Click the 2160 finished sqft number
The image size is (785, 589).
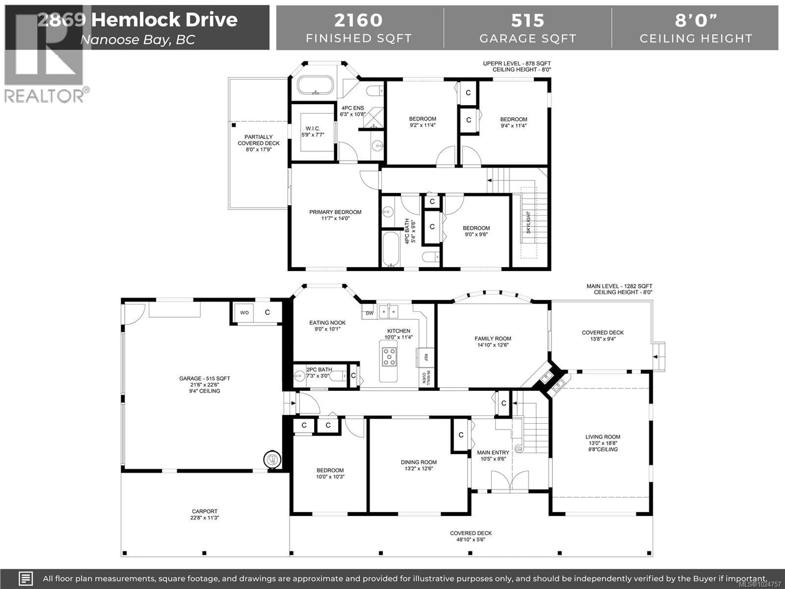[358, 20]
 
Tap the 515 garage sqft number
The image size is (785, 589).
[527, 20]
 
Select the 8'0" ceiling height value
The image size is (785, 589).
[696, 20]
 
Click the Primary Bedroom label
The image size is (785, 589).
[335, 212]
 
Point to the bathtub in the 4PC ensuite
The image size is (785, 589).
[315, 85]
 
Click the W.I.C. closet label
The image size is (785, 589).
[313, 128]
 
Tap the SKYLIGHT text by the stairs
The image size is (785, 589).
[528, 223]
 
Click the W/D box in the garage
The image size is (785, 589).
[244, 313]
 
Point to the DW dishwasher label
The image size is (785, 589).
[369, 313]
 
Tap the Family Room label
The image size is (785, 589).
[493, 339]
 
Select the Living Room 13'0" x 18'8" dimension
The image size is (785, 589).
[603, 443]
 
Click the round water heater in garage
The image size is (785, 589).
[272, 459]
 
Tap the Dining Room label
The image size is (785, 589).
[419, 462]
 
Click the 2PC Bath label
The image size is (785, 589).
[319, 370]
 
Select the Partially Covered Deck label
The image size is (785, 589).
[258, 140]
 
